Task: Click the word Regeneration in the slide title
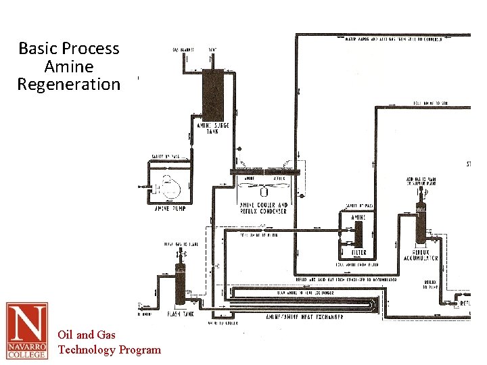(69, 84)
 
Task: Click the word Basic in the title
(39, 49)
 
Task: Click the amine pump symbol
(166, 182)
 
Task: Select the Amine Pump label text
(170, 208)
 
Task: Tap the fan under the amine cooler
(263, 190)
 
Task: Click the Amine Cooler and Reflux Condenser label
(264, 208)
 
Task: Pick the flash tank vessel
(180, 285)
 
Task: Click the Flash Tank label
(181, 314)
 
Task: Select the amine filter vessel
(358, 233)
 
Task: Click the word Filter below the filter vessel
(359, 252)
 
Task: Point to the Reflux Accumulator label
(421, 255)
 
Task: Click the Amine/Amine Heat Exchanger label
(304, 316)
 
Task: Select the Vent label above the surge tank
(212, 49)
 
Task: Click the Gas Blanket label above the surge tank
(184, 49)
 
